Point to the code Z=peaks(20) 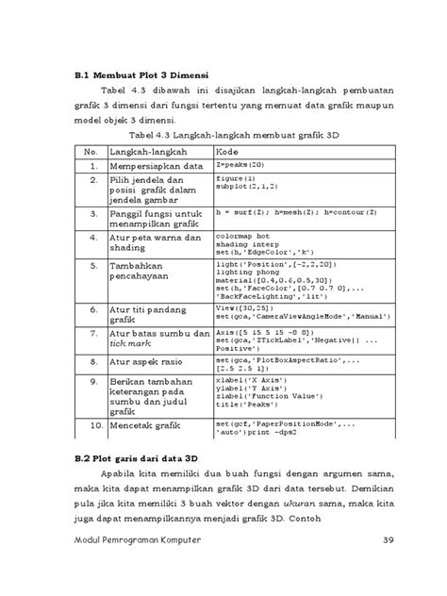[237, 165]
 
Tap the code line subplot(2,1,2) [242, 186]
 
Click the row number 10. [91, 427]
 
